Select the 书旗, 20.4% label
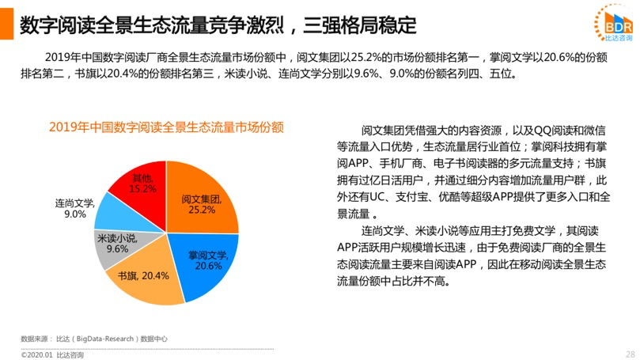click(143, 276)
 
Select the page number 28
click(630, 354)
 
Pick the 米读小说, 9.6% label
click(112, 242)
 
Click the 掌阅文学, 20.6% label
click(208, 260)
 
